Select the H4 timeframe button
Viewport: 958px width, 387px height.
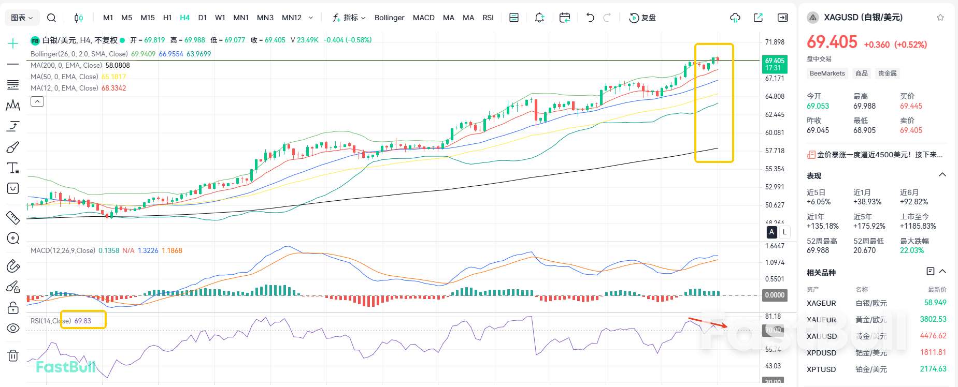click(x=184, y=18)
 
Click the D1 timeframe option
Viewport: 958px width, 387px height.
click(x=203, y=18)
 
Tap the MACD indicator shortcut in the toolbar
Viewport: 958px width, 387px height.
click(x=423, y=18)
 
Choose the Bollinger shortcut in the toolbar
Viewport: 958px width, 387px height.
click(x=389, y=18)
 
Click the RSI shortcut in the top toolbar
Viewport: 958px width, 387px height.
click(x=488, y=18)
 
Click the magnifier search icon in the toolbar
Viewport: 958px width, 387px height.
click(x=51, y=18)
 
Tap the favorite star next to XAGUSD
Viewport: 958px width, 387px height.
click(x=940, y=18)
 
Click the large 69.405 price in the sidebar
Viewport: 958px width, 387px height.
click(x=832, y=42)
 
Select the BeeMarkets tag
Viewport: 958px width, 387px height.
click(x=827, y=73)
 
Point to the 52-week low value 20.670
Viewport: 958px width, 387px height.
click(x=864, y=250)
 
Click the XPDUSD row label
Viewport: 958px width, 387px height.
click(x=821, y=353)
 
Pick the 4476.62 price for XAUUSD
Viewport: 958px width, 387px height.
click(x=933, y=336)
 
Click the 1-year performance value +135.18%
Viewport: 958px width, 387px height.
click(x=822, y=226)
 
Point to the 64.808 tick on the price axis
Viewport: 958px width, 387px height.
click(x=775, y=96)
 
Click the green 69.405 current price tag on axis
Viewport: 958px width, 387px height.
click(x=775, y=64)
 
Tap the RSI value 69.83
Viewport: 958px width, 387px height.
click(x=82, y=321)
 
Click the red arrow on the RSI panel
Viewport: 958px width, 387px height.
click(x=707, y=323)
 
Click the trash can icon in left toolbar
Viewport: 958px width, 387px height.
click(x=13, y=355)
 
